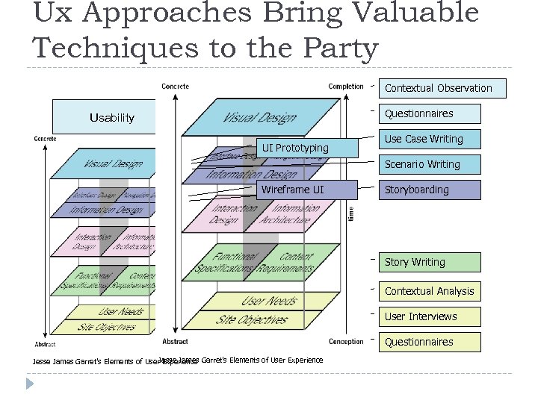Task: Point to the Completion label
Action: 346,87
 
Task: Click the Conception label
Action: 346,341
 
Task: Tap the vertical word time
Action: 351,213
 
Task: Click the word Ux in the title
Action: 50,13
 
